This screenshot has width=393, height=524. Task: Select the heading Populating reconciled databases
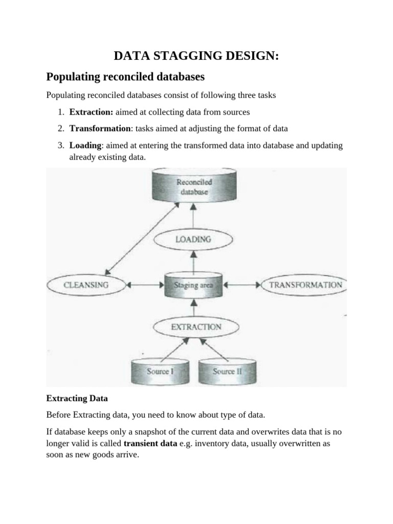pos(125,77)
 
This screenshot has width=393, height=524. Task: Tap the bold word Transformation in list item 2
pos(100,128)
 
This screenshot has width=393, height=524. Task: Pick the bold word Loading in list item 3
pos(85,146)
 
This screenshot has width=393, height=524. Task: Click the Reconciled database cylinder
pos(194,186)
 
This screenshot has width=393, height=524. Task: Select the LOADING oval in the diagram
pos(193,239)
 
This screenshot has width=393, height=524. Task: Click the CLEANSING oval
pos(85,285)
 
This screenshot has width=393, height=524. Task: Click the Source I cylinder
pos(159,372)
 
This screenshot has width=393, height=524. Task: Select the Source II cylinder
pos(227,372)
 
